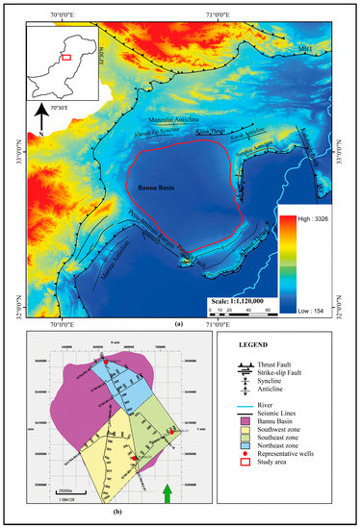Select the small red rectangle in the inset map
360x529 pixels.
coord(65,58)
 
